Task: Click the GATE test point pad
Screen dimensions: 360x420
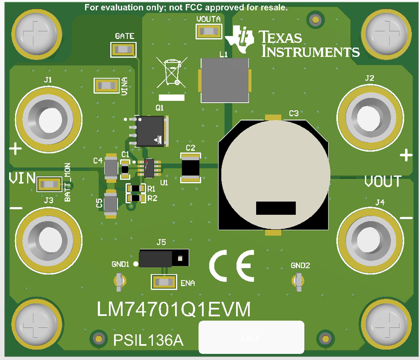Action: tap(124, 50)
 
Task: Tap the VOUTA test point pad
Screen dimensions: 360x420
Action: tap(209, 31)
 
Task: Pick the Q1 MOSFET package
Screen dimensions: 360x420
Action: tap(150, 131)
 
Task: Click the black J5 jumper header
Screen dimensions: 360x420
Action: tap(163, 258)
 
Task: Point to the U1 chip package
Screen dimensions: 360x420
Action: tap(149, 168)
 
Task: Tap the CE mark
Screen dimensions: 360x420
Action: tap(232, 266)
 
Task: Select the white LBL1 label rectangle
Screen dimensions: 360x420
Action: tap(251, 337)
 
